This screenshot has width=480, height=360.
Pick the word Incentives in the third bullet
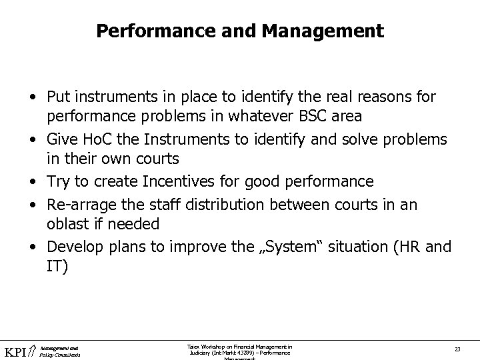pyautogui.click(x=173, y=182)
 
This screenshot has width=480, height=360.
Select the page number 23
pyautogui.click(x=457, y=350)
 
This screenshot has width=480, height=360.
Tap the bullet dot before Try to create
pyautogui.click(x=33, y=182)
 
